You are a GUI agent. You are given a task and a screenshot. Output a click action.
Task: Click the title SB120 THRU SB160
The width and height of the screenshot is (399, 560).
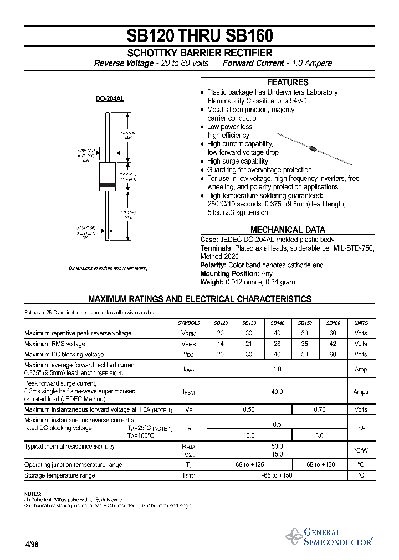point(199,35)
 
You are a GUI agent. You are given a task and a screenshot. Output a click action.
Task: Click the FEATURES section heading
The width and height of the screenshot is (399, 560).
point(288,82)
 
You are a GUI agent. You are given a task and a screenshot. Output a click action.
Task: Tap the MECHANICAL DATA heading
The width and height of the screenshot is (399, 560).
point(288,230)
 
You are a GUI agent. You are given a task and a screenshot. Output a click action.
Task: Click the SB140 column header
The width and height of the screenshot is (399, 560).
point(277,323)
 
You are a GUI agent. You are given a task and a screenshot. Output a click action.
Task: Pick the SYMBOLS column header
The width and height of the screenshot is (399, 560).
point(189,323)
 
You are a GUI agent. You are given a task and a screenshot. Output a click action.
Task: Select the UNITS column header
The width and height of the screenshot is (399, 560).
point(361,323)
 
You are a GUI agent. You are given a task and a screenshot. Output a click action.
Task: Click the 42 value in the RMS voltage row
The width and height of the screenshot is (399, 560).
point(332,344)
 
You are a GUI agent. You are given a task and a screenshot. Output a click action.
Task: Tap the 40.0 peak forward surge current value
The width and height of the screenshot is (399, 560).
point(277,392)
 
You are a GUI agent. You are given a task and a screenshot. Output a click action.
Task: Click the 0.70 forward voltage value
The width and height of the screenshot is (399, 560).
point(319,409)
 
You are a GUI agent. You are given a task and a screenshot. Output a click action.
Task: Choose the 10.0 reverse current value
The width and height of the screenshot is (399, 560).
point(249,435)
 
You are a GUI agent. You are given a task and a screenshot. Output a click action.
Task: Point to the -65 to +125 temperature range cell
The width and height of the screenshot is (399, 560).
point(249,465)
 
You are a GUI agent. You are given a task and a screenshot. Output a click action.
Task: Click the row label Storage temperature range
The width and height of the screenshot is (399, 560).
point(60,475)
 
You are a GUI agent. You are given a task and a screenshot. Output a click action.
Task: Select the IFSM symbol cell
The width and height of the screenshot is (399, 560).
point(189,392)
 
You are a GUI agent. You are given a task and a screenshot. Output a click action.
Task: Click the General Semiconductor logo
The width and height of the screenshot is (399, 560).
point(329,537)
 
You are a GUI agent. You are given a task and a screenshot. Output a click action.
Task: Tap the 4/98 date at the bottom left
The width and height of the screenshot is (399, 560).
point(31,544)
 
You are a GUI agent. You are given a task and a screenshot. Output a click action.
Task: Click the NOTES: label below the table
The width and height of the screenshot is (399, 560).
point(33,493)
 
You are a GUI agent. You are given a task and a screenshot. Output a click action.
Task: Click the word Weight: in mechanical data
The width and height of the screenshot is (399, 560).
point(212,282)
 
